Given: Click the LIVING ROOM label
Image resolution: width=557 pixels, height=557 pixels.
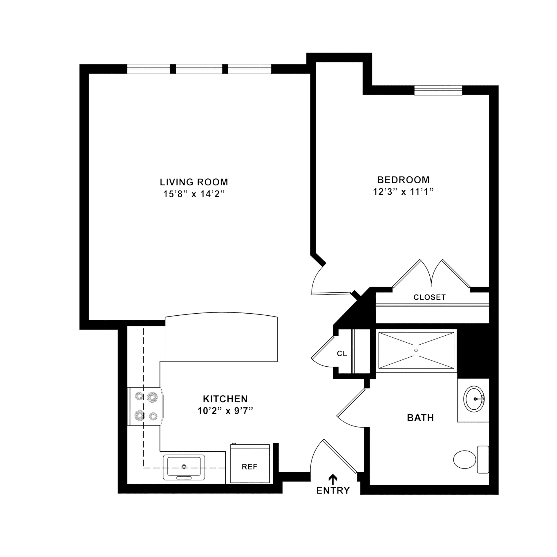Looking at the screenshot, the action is (x=194, y=182).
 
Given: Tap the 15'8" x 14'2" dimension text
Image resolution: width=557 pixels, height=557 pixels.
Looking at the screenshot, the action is (x=194, y=194).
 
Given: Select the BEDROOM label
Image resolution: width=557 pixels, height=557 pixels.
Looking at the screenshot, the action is (x=403, y=180).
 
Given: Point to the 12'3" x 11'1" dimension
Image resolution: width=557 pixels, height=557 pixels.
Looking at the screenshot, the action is (x=403, y=192).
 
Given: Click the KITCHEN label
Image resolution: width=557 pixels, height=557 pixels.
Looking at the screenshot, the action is (x=225, y=399).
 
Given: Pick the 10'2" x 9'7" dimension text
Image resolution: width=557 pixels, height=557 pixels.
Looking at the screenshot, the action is (x=225, y=411).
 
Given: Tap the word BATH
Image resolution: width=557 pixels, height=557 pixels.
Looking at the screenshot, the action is (x=420, y=418).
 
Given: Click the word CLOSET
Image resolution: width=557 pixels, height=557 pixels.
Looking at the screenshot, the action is (x=429, y=297).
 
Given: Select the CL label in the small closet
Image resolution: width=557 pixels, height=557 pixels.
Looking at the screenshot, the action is (x=342, y=353).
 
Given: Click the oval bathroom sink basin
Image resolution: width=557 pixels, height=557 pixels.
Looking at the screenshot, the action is (x=474, y=399).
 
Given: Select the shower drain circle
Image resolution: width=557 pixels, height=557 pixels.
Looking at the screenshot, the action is (x=416, y=350).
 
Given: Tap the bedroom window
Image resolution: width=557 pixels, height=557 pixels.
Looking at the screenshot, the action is (x=438, y=90).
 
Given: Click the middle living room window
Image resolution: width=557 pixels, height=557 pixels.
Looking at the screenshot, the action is (x=199, y=69).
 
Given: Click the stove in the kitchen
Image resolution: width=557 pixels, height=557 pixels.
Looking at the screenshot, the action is (x=145, y=406).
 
